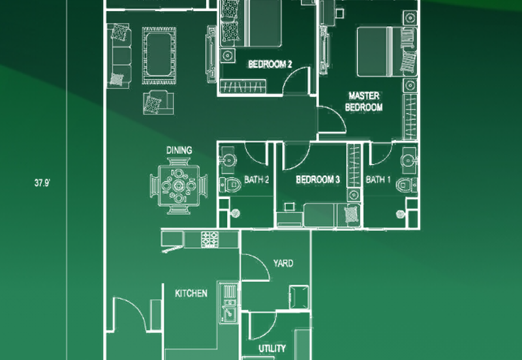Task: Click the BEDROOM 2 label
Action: click(269, 64)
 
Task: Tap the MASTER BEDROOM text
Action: click(363, 102)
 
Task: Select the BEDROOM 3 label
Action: click(318, 180)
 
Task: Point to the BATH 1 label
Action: click(379, 180)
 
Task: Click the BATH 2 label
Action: click(257, 180)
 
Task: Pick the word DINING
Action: click(179, 151)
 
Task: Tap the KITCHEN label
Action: click(191, 293)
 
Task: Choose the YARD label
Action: click(283, 263)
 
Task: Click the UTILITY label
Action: click(271, 348)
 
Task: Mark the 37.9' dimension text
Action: click(43, 183)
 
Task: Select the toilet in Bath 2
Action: click(228, 184)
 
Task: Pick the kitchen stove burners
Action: click(209, 239)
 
